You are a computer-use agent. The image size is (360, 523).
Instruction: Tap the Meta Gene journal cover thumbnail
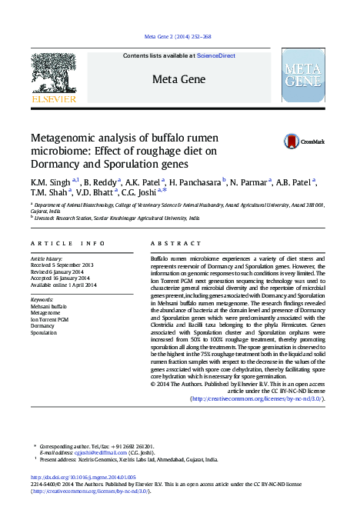coord(308,75)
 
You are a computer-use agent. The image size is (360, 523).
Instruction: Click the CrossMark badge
coord(305,142)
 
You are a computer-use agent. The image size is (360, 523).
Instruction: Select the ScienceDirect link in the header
coord(215,56)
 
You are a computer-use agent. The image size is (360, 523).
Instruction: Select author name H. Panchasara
coord(195,182)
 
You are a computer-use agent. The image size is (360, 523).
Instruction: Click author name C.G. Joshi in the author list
coord(138,192)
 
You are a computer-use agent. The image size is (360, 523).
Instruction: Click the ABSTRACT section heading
coord(170,243)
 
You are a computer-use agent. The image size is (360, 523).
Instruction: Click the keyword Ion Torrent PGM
coord(50,319)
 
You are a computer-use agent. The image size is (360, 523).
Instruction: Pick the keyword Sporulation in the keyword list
coord(44,333)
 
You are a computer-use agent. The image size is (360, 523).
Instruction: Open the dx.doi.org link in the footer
coord(83,478)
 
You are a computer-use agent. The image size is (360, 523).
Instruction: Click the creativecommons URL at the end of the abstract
coord(258,398)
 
